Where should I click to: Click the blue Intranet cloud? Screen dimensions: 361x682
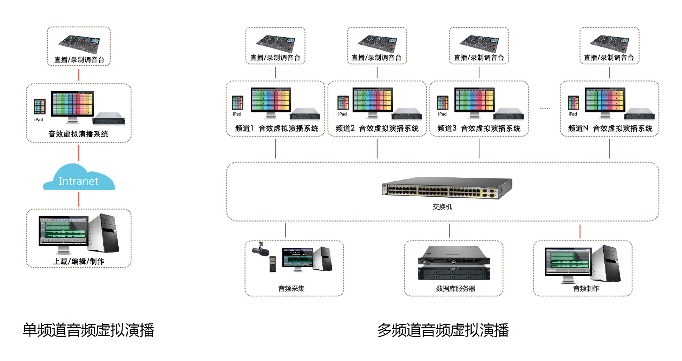[79, 179]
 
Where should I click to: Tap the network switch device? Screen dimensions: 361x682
[446, 188]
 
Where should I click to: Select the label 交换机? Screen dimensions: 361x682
[442, 207]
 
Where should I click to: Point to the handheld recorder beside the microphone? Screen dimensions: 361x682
[273, 264]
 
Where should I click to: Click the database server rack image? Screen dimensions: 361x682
[454, 263]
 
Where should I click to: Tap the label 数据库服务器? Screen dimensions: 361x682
[455, 289]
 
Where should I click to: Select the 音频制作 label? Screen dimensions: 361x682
[586, 289]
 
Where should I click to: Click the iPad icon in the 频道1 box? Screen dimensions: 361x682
[238, 103]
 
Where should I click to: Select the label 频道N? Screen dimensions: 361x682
[578, 129]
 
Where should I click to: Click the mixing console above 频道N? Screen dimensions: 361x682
[609, 44]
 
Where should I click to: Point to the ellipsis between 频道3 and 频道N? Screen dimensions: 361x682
[545, 108]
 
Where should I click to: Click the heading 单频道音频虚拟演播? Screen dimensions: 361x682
[88, 330]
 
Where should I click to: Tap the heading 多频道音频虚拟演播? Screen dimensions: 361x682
[443, 330]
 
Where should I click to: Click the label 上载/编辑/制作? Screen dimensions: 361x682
[79, 262]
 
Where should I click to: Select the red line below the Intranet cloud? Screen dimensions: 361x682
[79, 199]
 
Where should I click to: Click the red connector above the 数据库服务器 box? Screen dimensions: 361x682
[450, 230]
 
